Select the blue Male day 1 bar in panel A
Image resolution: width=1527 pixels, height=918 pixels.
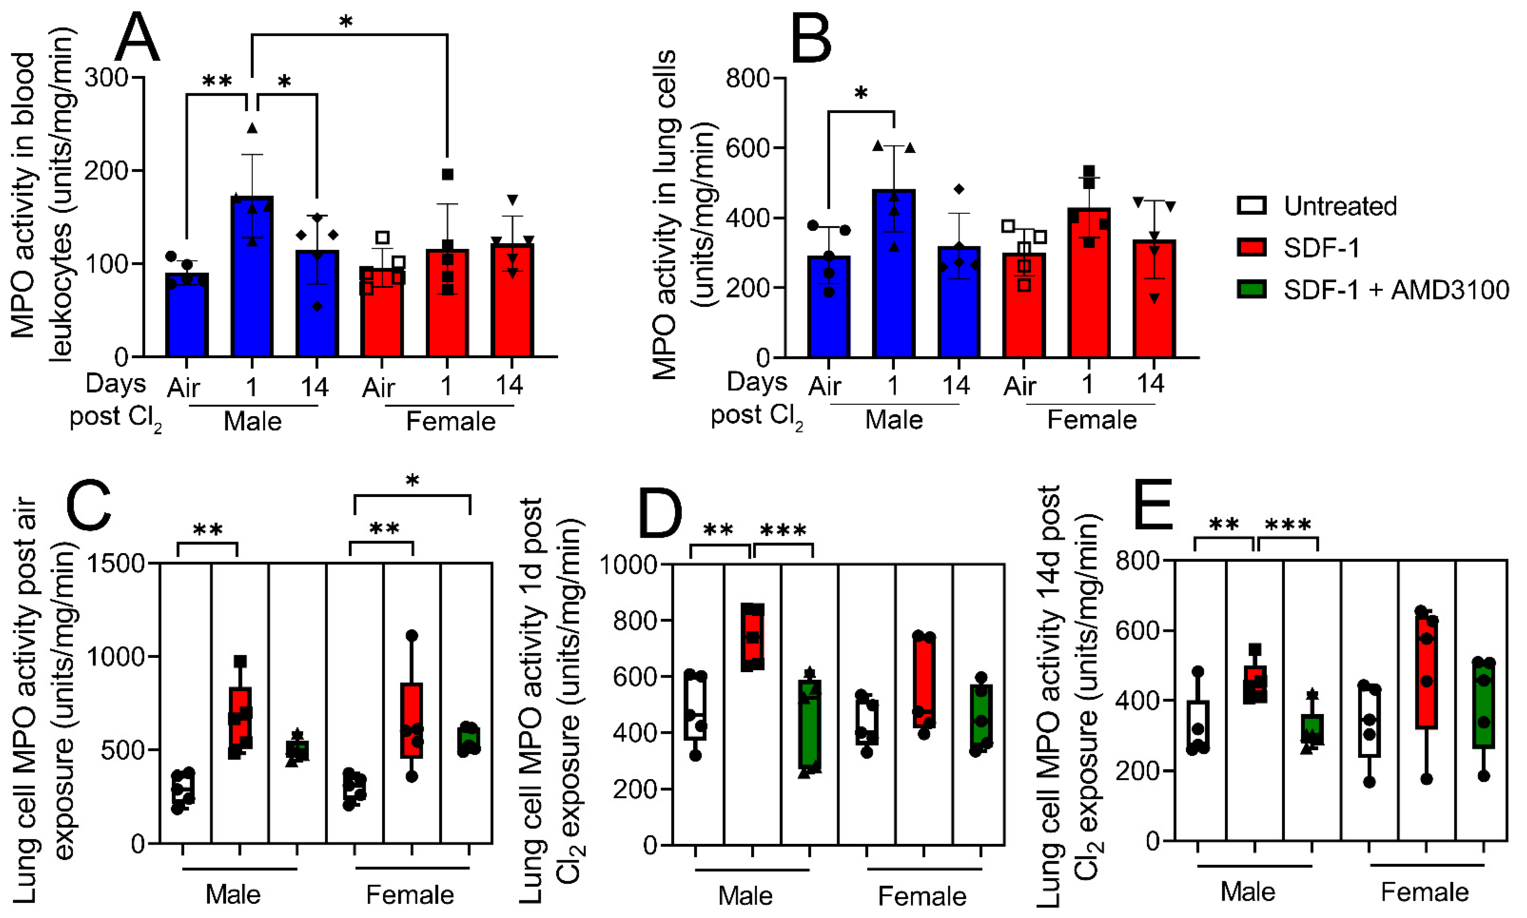click(x=252, y=277)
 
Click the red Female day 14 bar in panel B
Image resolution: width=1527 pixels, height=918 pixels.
click(x=1154, y=299)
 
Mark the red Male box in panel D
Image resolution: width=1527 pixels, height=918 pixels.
click(x=753, y=637)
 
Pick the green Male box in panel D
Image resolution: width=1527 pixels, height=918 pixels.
click(x=810, y=726)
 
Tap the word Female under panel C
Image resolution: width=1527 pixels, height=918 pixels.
click(x=410, y=894)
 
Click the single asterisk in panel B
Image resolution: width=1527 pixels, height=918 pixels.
click(x=861, y=94)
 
